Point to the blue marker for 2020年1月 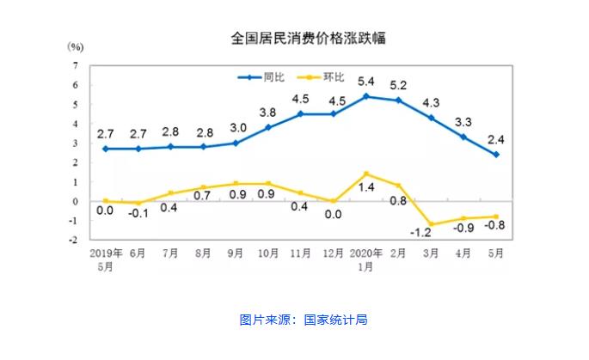tap(366, 96)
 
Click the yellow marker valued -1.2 tap(432, 224)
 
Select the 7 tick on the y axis tap(77, 65)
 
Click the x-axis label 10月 tap(268, 254)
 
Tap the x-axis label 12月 tap(334, 254)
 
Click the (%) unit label tap(76, 45)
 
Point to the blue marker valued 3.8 tap(268, 127)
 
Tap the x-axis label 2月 tap(398, 254)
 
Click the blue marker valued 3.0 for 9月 tap(236, 143)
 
